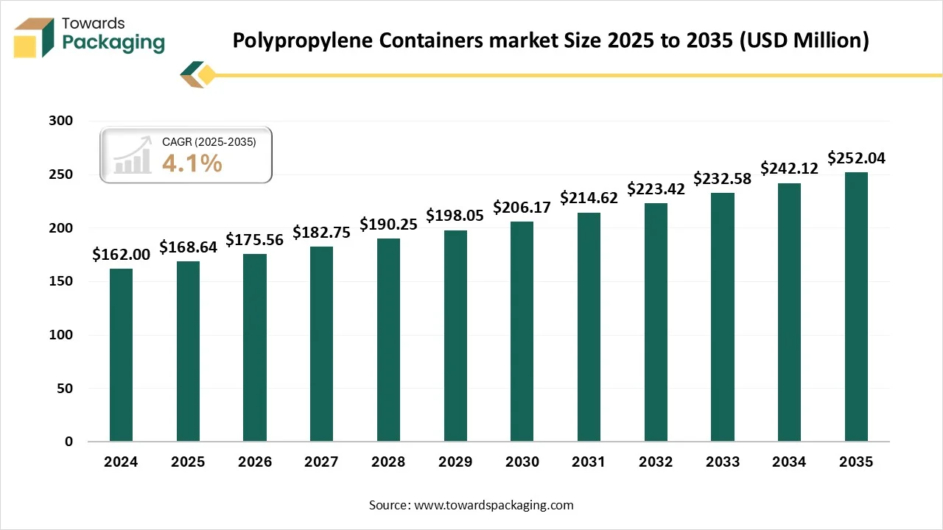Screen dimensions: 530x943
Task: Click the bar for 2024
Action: point(121,355)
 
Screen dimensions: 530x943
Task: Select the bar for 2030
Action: point(522,331)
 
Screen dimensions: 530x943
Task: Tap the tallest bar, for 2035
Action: point(856,307)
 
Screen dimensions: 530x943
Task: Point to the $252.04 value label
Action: point(856,158)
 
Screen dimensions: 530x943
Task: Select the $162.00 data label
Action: point(121,254)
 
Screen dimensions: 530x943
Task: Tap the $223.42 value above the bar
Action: point(656,188)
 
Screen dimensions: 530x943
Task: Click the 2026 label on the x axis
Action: point(254,462)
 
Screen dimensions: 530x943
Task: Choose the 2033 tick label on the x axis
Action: point(723,462)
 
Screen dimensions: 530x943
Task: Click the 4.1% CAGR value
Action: point(192,163)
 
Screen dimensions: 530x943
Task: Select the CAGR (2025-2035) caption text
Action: point(208,142)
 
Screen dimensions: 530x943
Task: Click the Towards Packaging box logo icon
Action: point(35,37)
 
